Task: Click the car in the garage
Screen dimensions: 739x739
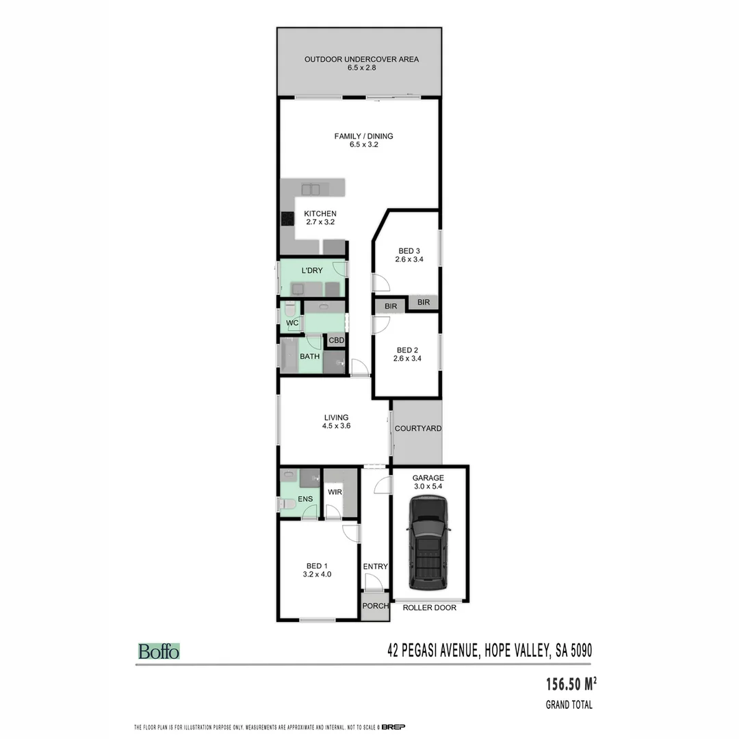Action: point(428,543)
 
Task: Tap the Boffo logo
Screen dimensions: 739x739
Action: point(159,651)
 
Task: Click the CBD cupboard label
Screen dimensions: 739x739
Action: point(336,340)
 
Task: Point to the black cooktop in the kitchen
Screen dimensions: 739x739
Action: point(287,220)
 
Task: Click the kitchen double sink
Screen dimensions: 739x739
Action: point(312,188)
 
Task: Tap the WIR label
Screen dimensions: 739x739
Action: point(335,492)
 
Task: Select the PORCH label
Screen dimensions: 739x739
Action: point(375,606)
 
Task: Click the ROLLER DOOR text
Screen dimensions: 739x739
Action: point(428,608)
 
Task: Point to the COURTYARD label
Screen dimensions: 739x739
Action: point(417,428)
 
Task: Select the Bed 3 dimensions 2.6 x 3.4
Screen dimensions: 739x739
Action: point(409,259)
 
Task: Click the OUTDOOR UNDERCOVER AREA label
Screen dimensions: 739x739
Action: point(361,60)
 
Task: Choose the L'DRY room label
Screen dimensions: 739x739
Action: point(312,271)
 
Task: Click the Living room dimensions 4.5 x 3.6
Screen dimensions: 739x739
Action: point(336,426)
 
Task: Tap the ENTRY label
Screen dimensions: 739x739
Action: point(375,567)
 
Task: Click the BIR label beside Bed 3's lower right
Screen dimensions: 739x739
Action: point(424,302)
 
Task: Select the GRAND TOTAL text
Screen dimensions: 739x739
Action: point(569,705)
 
